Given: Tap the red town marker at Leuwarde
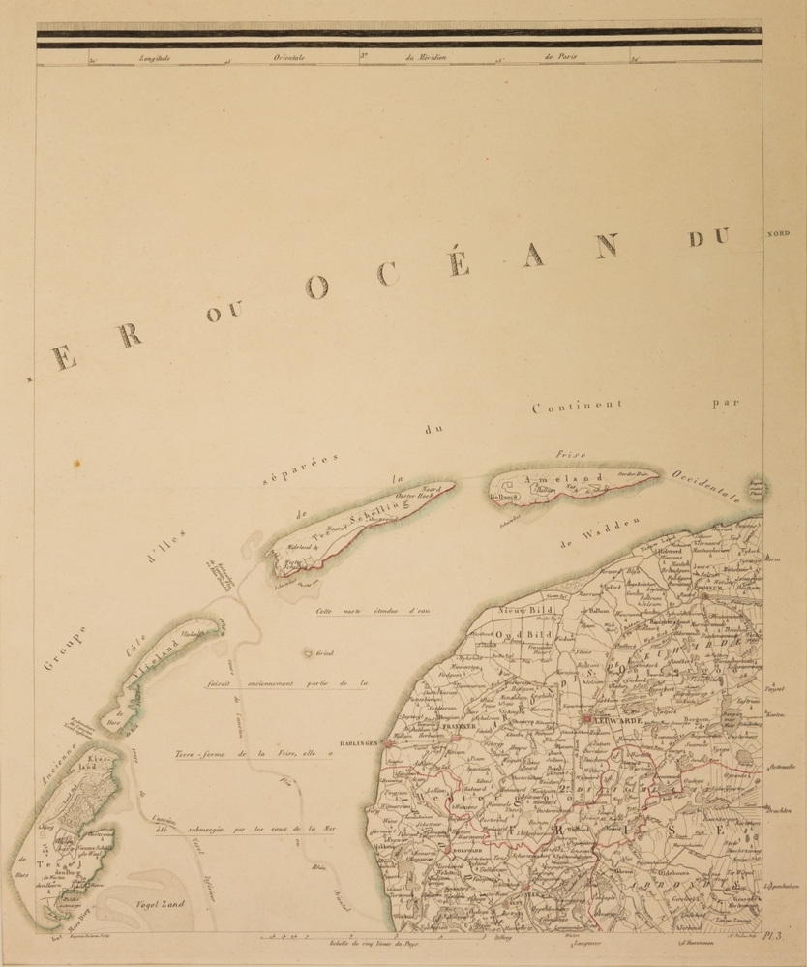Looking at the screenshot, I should pyautogui.click(x=587, y=720).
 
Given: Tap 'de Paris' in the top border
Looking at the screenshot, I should pyautogui.click(x=561, y=57).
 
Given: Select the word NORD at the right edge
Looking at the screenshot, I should pyautogui.click(x=778, y=233).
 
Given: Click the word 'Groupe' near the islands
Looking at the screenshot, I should pyautogui.click(x=66, y=649).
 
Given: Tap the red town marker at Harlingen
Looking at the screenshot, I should pyautogui.click(x=387, y=744).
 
